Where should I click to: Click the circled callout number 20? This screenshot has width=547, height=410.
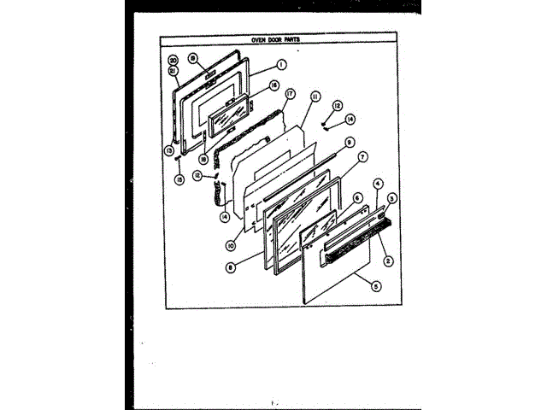click(173, 61)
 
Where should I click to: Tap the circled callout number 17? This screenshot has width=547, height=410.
click(290, 94)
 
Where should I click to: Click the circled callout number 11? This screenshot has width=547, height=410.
click(315, 99)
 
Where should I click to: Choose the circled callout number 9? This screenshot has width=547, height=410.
click(350, 142)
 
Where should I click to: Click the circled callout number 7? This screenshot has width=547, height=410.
click(362, 158)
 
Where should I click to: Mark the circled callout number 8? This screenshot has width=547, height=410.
click(230, 266)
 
